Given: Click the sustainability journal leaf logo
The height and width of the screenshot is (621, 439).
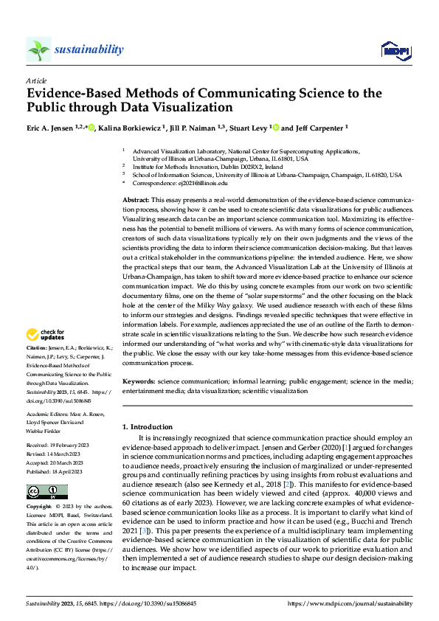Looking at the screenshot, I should [x=38, y=49].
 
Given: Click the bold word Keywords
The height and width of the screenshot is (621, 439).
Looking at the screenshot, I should [x=138, y=381].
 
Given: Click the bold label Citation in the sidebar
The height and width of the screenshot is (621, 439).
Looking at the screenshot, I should [x=37, y=347].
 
